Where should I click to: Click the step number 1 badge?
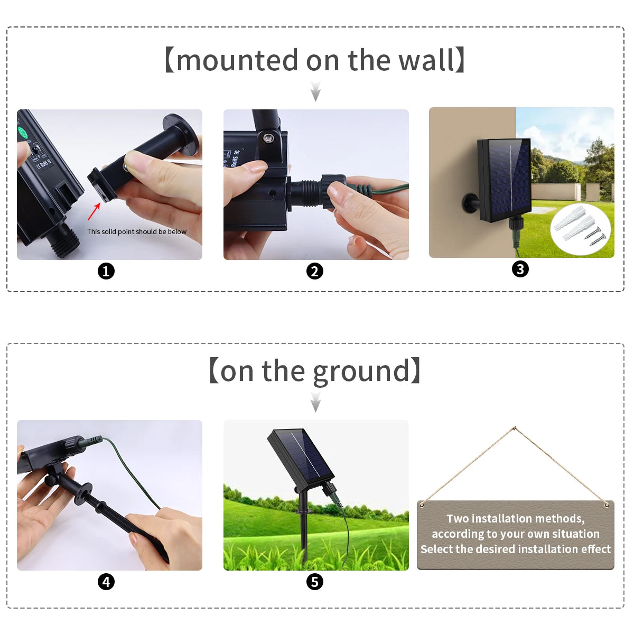click(106, 272)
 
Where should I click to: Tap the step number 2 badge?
click(315, 272)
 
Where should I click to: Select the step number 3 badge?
click(520, 269)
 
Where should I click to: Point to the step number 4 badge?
click(106, 582)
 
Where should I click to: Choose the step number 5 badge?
click(315, 582)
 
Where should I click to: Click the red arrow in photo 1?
click(94, 211)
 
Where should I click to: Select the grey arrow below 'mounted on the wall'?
click(315, 91)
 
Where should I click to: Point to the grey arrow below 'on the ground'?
click(315, 402)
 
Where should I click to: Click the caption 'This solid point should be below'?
click(136, 231)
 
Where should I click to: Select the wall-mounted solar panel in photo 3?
click(505, 180)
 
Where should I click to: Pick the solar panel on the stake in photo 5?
click(301, 456)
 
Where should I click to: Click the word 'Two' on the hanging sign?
click(458, 518)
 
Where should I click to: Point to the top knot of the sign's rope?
click(515, 428)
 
